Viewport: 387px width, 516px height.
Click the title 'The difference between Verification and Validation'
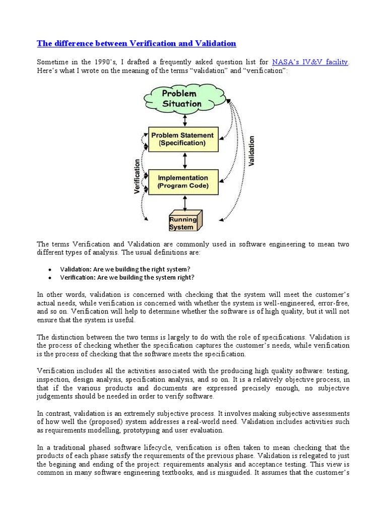137,43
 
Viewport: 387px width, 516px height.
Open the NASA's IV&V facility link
310,62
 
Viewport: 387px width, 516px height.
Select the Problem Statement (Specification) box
182,139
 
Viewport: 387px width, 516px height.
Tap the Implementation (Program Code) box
182,182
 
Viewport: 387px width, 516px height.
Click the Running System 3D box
184,220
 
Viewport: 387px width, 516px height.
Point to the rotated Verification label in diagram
137,176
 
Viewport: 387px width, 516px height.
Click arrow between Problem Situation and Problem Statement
185,120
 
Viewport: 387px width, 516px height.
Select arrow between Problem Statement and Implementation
185,161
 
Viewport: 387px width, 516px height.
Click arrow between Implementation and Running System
185,203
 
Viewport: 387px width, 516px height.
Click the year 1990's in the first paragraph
107,62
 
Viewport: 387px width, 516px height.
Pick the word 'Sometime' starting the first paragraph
51,62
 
